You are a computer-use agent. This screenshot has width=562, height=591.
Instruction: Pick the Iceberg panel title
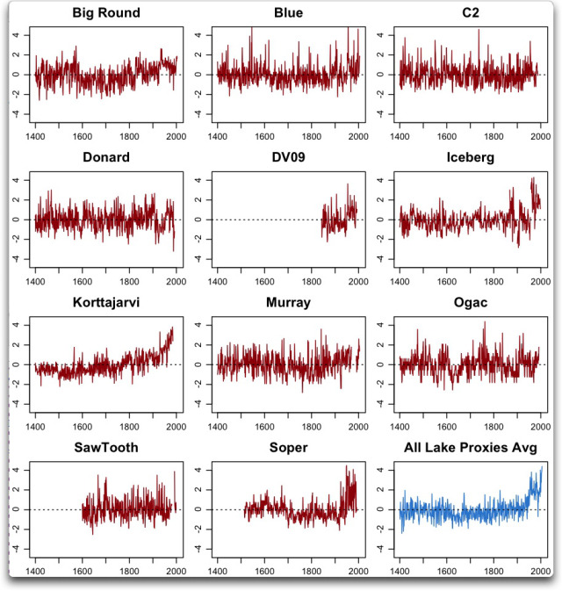point(470,158)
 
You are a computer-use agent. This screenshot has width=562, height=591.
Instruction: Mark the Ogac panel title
point(470,303)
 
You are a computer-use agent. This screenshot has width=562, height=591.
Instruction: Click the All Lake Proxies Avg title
point(470,448)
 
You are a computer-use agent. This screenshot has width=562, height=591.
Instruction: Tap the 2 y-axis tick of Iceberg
point(381,199)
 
